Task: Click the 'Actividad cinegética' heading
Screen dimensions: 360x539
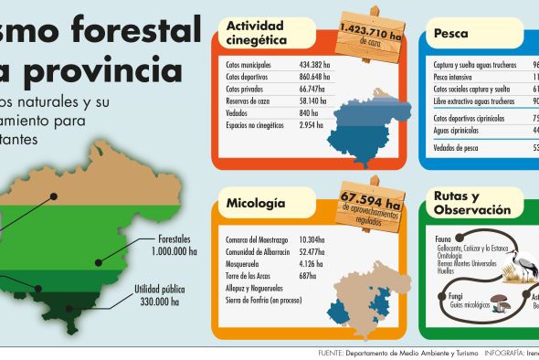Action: coord(258,33)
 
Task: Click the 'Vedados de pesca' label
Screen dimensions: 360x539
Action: coord(457,146)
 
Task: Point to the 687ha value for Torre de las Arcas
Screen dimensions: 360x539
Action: coord(307,276)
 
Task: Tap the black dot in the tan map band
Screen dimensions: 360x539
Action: coord(56,195)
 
